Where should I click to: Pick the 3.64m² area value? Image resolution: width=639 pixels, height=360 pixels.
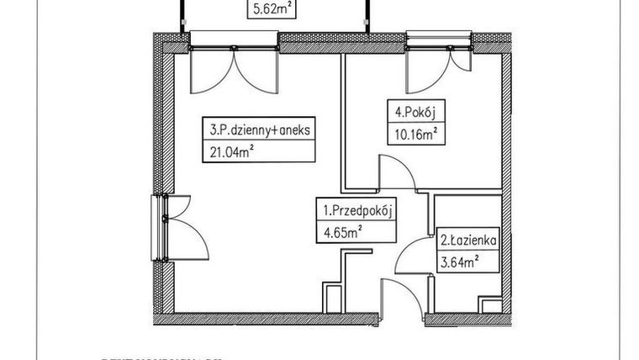pos(459,262)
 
